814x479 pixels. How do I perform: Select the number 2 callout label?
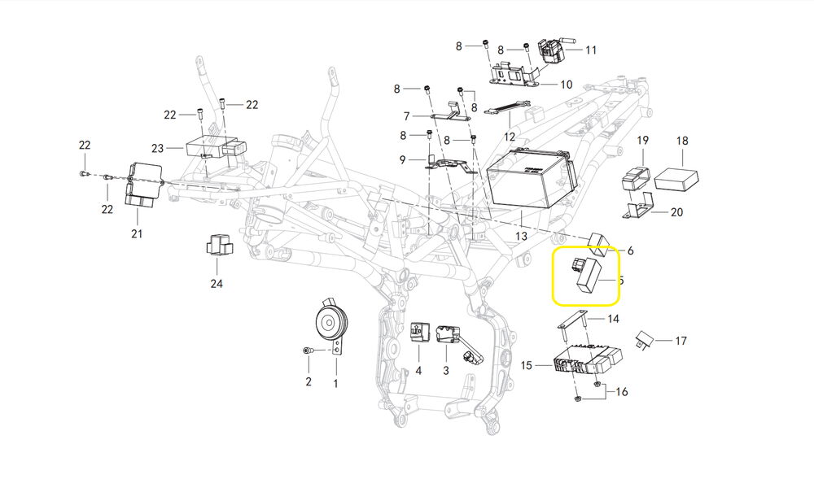[309, 381]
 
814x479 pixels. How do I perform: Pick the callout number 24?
[216, 284]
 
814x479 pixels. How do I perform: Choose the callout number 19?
[642, 141]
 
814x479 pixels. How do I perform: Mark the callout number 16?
[622, 391]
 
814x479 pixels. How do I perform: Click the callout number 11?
[591, 50]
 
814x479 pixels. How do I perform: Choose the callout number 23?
[157, 148]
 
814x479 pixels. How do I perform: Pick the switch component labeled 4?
[420, 332]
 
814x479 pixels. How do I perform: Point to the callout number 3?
[445, 371]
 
